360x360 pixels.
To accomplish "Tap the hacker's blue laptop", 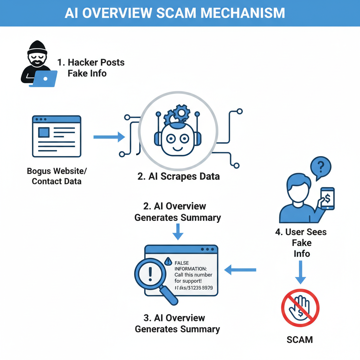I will (x=45, y=79).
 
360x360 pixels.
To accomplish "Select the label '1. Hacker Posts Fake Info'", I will (x=91, y=68).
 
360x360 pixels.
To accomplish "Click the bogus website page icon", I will (x=56, y=136).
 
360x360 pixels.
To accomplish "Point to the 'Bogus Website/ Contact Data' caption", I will (x=57, y=176).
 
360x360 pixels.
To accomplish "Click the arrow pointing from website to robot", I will (x=109, y=137).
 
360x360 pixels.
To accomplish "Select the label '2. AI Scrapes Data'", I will (x=179, y=176).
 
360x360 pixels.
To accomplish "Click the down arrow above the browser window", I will (x=178, y=232).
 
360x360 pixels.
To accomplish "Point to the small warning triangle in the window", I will (x=168, y=261).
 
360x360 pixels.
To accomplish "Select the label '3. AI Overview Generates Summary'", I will (x=178, y=323).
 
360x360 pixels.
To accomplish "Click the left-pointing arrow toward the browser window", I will (x=240, y=270).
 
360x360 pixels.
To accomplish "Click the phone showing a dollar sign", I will (x=327, y=199).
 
